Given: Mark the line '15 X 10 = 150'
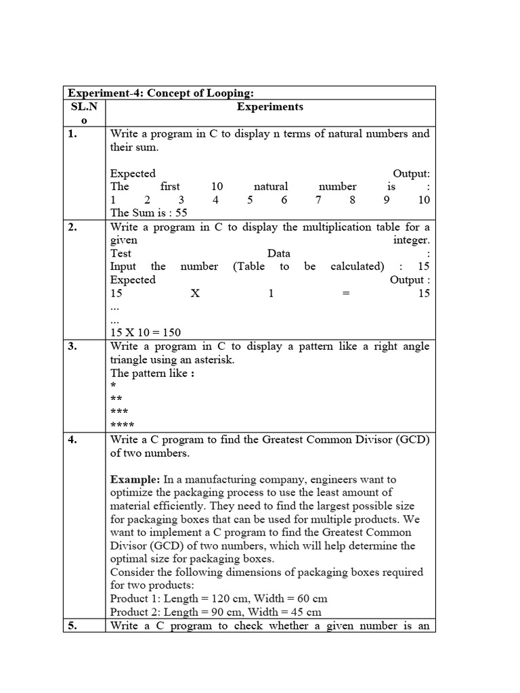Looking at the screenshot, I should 146,332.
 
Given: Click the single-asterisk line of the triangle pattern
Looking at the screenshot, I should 112,386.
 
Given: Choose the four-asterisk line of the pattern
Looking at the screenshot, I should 122,426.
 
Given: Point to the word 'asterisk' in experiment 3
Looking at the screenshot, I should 215,360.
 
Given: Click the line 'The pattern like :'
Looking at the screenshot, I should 152,373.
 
